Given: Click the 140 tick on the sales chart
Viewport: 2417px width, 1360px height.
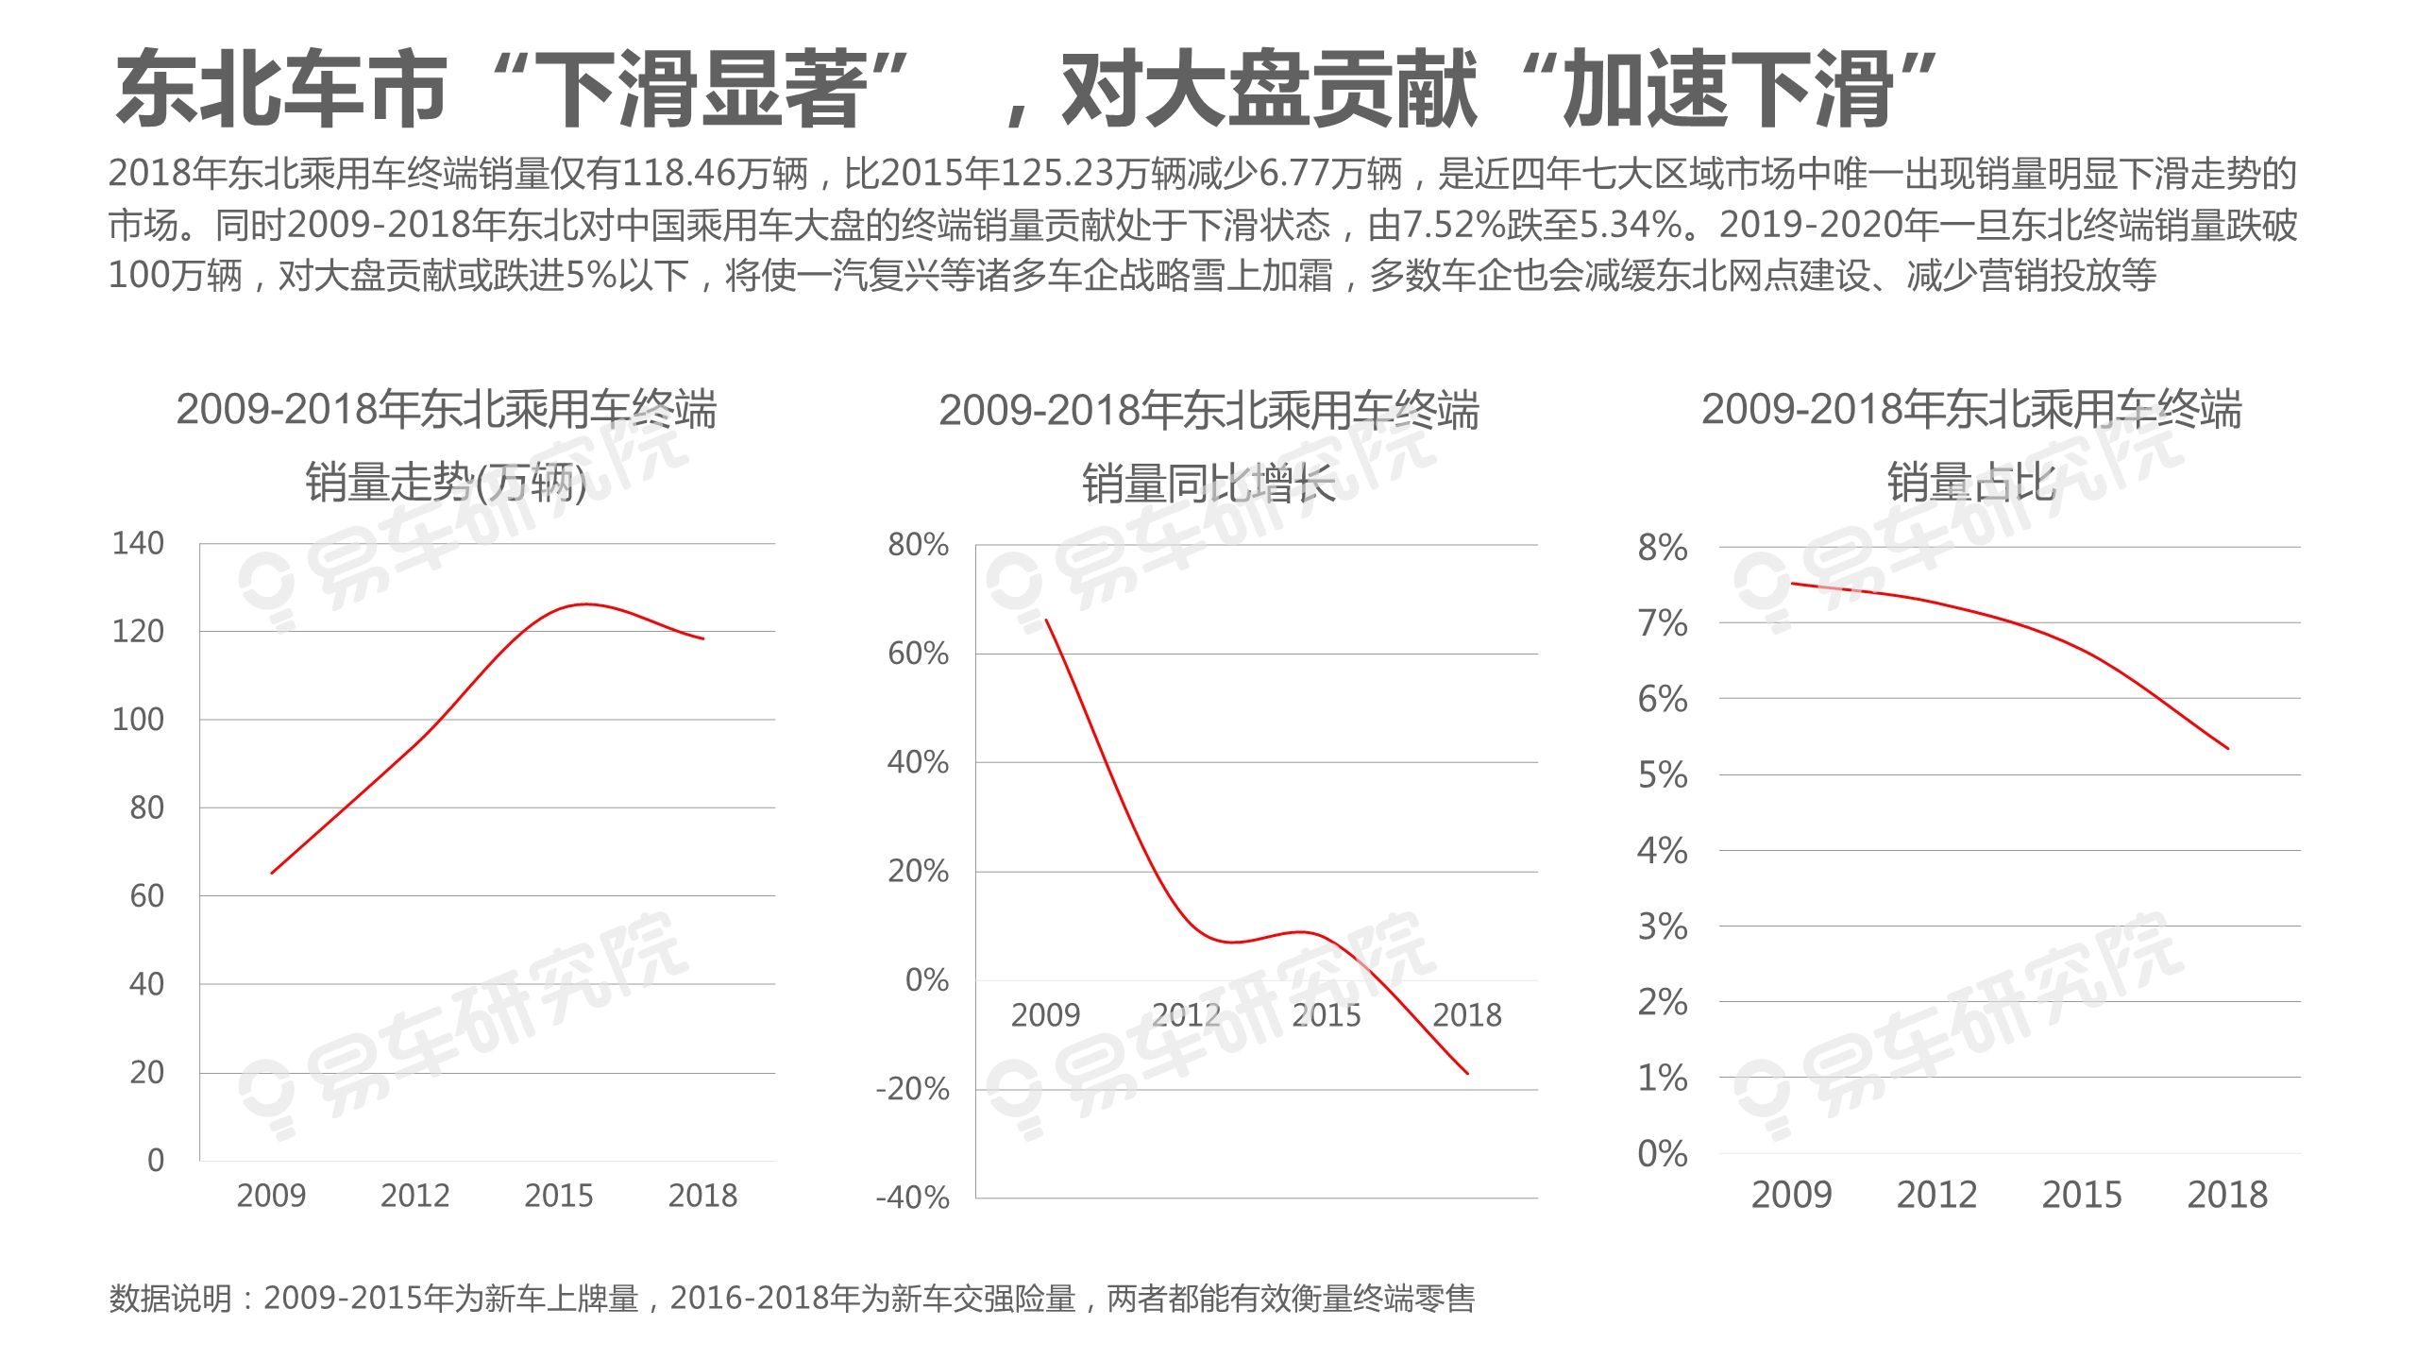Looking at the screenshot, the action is pos(138,543).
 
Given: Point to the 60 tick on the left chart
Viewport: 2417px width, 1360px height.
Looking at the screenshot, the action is pos(146,895).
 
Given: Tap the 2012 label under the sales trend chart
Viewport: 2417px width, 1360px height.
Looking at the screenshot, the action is pos(415,1196).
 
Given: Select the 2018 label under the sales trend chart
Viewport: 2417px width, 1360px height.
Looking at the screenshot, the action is pos(702,1196).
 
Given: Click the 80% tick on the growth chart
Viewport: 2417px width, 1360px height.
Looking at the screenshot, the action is pos(918,544).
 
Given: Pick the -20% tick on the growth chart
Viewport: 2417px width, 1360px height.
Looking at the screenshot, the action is pos(912,1089).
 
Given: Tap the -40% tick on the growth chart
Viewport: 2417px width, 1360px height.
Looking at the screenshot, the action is pos(912,1198).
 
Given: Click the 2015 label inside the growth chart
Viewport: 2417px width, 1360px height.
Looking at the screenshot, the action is pos(1327,1015).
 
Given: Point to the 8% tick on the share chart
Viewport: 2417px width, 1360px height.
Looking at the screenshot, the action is pos(1663,548).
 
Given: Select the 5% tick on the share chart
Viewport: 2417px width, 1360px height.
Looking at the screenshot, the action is pos(1663,775).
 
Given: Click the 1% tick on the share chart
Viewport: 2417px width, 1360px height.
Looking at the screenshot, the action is pos(1663,1078).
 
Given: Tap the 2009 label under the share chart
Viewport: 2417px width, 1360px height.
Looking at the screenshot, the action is pos(1791,1195).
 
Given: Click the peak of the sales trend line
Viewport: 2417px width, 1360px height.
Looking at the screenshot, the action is pos(585,604).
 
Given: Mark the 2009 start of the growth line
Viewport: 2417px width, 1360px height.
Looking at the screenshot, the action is pos(1046,620).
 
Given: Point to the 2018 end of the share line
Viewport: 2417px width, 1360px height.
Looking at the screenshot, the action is pos(2228,748).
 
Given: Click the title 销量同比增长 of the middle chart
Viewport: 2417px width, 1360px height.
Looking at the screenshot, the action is pos(1208,484).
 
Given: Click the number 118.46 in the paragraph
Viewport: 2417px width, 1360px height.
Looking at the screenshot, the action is pos(678,174).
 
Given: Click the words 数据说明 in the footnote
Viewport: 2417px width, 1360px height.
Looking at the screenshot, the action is pos(171,1299).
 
